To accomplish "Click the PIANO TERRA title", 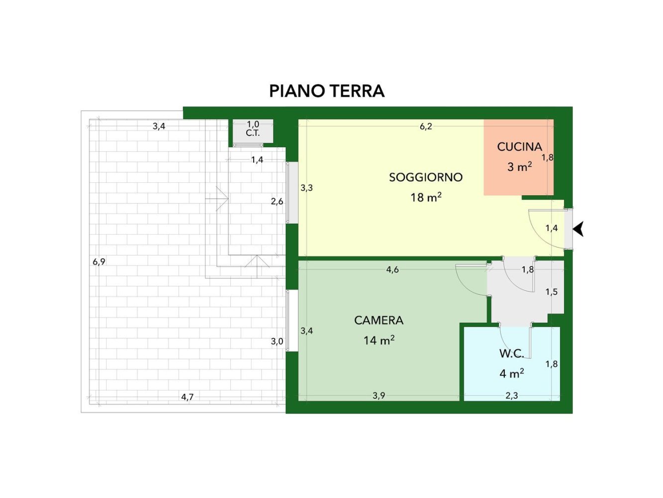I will (x=327, y=91).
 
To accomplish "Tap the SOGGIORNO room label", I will (x=426, y=177).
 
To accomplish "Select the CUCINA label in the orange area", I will (x=519, y=147).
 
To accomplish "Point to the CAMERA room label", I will (x=379, y=320).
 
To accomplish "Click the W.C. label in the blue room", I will (x=511, y=354).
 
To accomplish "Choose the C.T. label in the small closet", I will (x=253, y=133).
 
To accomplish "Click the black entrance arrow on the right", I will (x=578, y=229).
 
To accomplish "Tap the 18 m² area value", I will (x=426, y=198).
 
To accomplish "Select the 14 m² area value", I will (x=379, y=341).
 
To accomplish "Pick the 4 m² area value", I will (x=511, y=373).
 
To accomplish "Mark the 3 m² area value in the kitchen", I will (x=519, y=167).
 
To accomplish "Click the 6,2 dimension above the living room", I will (x=426, y=126).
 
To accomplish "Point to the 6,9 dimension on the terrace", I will (x=99, y=262).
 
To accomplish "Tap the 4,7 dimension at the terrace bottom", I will (x=187, y=397).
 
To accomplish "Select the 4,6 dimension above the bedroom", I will (x=392, y=270).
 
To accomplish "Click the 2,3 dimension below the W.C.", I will (x=511, y=396).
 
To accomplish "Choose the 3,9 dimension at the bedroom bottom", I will (x=379, y=396).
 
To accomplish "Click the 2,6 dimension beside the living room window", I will (x=277, y=202).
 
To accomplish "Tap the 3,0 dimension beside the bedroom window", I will (x=277, y=342).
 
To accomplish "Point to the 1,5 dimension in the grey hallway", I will (x=551, y=292).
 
